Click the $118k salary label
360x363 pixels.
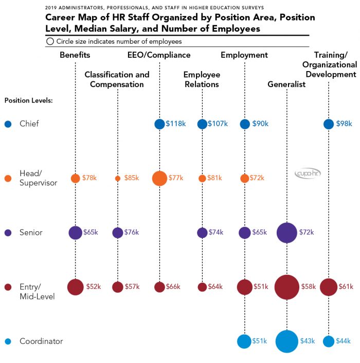[175, 124]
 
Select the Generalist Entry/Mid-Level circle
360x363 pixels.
[286, 287]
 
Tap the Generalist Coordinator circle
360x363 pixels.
[286, 341]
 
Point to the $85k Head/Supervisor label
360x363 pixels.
[131, 179]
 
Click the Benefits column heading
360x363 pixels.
[75, 55]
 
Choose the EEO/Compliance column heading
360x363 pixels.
[159, 55]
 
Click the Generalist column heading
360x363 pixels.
[286, 84]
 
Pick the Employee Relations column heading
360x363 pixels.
[201, 80]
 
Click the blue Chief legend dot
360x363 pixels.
[8, 124]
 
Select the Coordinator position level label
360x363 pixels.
[41, 341]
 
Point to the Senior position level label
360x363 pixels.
[31, 233]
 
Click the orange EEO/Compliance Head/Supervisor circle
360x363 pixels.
[159, 179]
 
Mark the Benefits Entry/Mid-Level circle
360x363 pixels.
[75, 287]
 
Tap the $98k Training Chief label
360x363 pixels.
[344, 124]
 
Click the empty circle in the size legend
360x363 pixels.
[50, 41]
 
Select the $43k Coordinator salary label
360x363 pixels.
[307, 341]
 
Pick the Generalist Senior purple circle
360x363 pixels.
[286, 233]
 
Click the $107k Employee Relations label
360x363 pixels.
[218, 124]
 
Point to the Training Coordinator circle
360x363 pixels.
[329, 341]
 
